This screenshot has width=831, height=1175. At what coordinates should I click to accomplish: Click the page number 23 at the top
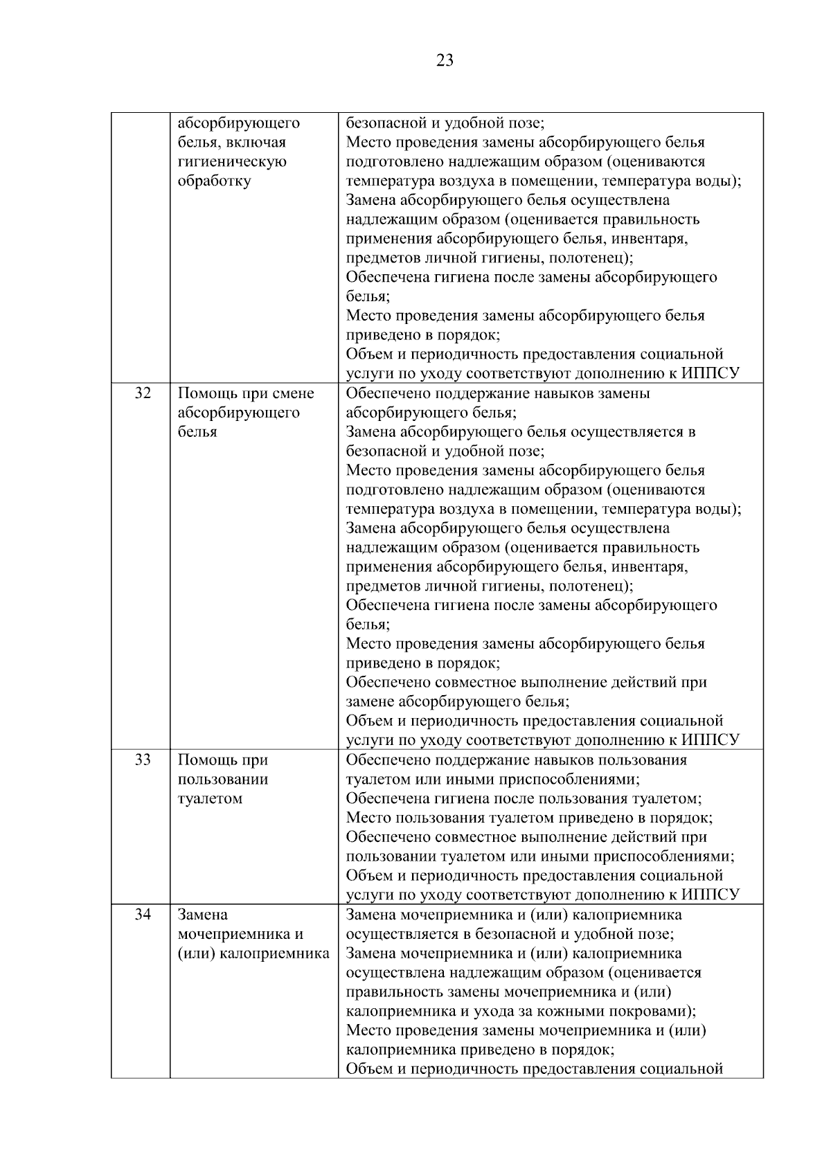coord(445,61)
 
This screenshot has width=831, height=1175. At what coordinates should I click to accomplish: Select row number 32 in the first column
coord(143,393)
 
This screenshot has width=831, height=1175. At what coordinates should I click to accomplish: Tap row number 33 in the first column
coord(143,760)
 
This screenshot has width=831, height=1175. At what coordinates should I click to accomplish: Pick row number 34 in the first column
coord(143,915)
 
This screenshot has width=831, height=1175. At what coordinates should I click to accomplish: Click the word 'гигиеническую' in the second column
coord(232,162)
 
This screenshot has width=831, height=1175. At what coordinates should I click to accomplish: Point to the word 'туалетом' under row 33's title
coord(210,798)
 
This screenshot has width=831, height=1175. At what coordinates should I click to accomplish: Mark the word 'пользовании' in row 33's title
coord(222,779)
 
